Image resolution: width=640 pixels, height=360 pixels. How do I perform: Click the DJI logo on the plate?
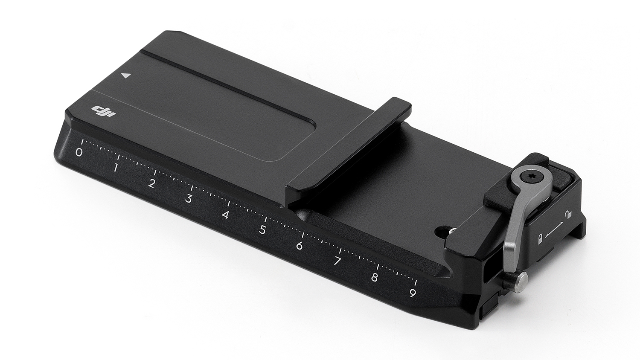[104, 112]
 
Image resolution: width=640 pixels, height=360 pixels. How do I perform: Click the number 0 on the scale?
[79, 152]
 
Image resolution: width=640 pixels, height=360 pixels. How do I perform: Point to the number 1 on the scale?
[115, 168]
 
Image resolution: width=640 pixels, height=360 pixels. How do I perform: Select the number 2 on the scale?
[152, 183]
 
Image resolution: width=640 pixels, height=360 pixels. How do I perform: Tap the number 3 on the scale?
[188, 199]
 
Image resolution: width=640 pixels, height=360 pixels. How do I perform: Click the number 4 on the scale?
[225, 215]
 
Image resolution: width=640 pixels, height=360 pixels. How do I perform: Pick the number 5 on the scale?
[262, 230]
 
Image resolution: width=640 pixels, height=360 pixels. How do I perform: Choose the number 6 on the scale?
[300, 246]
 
